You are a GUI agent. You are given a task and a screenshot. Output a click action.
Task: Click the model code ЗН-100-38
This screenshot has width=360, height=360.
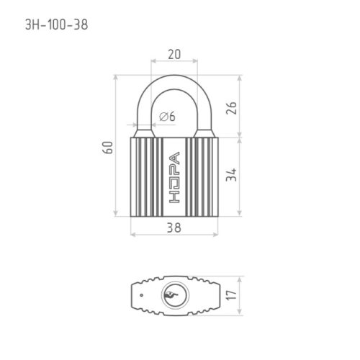[x=57, y=24]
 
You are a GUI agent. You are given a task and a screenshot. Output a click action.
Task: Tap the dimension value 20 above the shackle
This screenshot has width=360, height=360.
[x=174, y=54]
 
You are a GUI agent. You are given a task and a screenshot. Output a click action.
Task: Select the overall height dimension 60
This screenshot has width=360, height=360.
[x=108, y=148]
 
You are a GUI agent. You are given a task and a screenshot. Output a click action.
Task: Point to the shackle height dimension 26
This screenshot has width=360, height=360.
[x=232, y=108]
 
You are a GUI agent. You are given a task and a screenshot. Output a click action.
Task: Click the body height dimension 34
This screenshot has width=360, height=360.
[x=232, y=175]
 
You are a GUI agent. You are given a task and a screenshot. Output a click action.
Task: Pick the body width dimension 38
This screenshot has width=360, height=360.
[x=174, y=228]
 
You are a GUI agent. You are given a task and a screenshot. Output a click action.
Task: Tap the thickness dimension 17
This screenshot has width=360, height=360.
[x=232, y=294]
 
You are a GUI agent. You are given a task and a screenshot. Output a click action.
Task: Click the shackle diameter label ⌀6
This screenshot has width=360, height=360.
[x=167, y=117]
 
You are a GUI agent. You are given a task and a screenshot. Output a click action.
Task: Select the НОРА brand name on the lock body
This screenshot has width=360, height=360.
[x=174, y=177]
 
